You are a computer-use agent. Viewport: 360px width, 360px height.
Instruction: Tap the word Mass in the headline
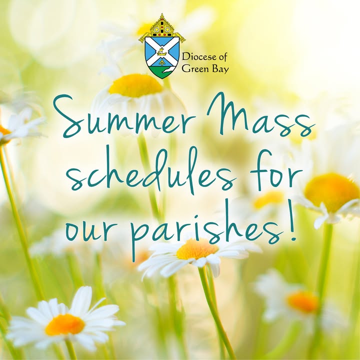pos(260,114)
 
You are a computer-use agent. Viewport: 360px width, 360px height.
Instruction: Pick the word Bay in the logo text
pos(220,69)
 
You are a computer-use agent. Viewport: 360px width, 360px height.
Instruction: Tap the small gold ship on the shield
pos(162,52)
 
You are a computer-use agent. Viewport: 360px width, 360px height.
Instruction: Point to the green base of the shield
pos(162,71)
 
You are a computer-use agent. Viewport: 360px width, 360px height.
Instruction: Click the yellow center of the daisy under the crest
pos(135,85)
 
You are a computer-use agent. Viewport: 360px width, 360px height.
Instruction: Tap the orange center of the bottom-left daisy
pos(64,324)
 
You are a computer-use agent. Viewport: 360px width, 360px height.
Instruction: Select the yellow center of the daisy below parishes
pos(197,249)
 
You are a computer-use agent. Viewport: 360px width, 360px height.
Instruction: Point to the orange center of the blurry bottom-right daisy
pos(303,301)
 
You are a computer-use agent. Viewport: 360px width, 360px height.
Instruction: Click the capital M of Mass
pos(227,113)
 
